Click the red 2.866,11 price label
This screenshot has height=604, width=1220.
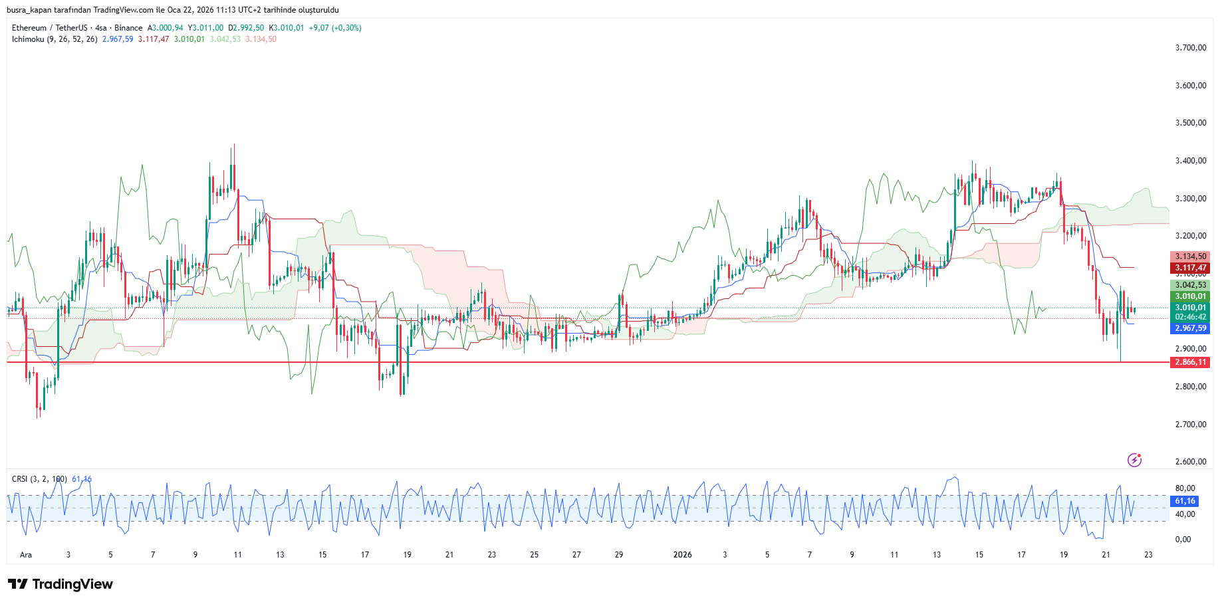coord(1189,362)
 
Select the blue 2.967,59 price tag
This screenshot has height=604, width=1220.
coord(1189,328)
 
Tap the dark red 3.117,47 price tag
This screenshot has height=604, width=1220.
coord(1189,268)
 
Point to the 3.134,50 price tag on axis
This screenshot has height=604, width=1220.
coord(1189,256)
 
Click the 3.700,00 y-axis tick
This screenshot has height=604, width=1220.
coord(1190,48)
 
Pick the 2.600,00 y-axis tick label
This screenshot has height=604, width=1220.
coord(1190,462)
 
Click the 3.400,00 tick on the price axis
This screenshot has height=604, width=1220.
coord(1190,161)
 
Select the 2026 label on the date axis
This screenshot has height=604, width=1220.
coord(682,555)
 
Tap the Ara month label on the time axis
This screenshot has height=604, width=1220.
coord(26,555)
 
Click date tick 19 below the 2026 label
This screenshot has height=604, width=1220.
coord(1064,555)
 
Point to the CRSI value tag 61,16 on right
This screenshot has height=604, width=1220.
coord(1185,501)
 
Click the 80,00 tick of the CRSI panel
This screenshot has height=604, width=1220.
coord(1185,488)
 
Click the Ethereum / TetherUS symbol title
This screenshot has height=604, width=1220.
coord(49,28)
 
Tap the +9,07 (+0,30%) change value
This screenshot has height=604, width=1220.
coord(335,28)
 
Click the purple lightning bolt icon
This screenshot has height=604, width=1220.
coord(1134,460)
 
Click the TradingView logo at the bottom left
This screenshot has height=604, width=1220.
coord(61,584)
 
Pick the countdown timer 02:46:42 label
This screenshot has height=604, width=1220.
coord(1189,317)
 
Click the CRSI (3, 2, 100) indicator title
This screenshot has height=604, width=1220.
coord(39,479)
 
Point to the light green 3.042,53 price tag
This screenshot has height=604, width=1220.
coord(1189,285)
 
